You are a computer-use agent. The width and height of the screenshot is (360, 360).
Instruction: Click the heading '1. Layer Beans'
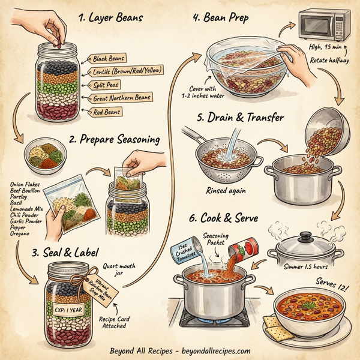110,17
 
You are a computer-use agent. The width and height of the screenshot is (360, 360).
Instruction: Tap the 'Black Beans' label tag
109,59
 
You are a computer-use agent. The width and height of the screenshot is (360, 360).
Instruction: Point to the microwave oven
325,27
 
